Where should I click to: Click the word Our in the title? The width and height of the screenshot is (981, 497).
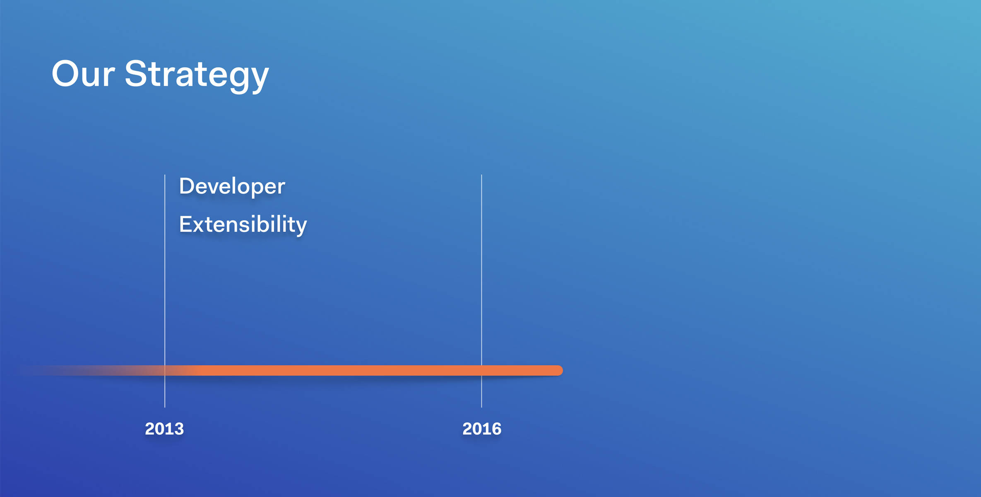[x=83, y=73]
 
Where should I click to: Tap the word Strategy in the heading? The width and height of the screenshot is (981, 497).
[x=197, y=76]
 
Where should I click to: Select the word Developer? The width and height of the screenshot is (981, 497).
[x=232, y=187]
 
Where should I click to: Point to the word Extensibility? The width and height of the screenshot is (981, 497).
[x=243, y=225]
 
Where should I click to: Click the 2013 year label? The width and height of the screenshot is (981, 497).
[x=164, y=429]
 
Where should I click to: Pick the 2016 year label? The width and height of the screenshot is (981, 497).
[x=482, y=429]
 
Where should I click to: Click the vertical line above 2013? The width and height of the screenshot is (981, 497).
[x=165, y=291]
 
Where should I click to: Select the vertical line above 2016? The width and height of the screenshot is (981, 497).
[x=481, y=291]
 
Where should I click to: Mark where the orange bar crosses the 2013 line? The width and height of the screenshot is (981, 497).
[x=165, y=370]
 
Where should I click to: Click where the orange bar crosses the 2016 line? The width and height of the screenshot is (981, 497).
[x=481, y=370]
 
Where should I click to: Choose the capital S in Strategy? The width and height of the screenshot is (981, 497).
[x=136, y=73]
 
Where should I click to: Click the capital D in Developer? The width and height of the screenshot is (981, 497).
[x=187, y=186]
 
